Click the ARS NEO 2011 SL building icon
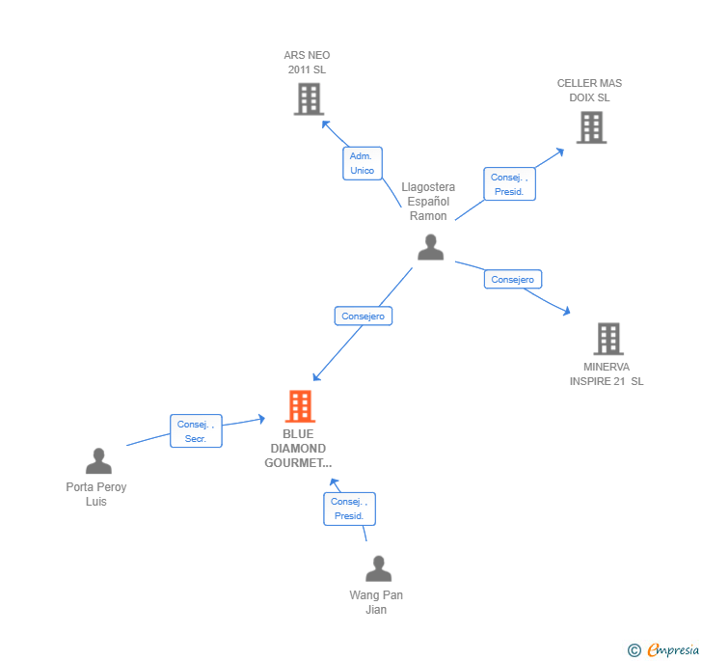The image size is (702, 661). [x=308, y=99]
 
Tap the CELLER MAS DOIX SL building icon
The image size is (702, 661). [x=591, y=127]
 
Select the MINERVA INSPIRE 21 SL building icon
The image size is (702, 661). [x=607, y=339]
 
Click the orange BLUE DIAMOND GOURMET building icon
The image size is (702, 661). [x=300, y=406]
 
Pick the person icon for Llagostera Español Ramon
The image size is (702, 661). [x=430, y=247]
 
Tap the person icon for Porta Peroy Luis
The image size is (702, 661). [x=98, y=461]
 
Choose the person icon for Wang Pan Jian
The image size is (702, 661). [x=378, y=569]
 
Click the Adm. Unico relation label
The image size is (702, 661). [x=363, y=163]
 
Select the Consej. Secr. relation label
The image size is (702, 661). [x=197, y=431]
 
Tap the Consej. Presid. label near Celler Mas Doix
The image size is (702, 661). [x=509, y=184]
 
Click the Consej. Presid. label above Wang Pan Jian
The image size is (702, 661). [x=349, y=509]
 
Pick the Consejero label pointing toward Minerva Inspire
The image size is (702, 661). [x=512, y=280]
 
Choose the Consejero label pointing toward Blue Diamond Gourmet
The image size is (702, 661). [x=364, y=316]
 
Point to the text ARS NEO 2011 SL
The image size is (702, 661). [x=307, y=63]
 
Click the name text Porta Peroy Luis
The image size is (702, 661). [x=96, y=494]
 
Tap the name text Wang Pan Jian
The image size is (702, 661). [x=376, y=602]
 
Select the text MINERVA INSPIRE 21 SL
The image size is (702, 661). [x=606, y=374]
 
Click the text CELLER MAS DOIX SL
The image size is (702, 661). [x=589, y=91]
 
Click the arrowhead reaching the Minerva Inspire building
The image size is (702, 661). [x=567, y=311]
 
